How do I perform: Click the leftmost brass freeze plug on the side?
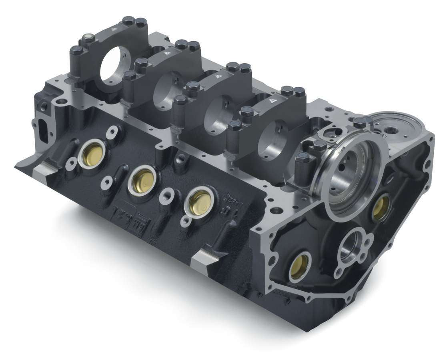coord(92,154)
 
